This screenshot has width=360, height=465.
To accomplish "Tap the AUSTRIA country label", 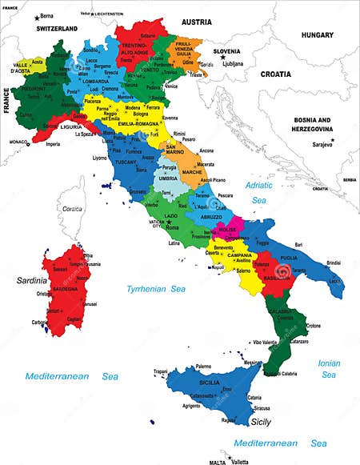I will (197, 22).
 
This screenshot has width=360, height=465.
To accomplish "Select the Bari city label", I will (299, 244).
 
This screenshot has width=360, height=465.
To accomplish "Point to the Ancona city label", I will (206, 150).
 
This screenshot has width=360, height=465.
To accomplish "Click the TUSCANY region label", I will (126, 162).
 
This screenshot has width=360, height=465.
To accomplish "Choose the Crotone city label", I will (314, 326).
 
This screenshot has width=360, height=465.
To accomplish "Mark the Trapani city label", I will (161, 371).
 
